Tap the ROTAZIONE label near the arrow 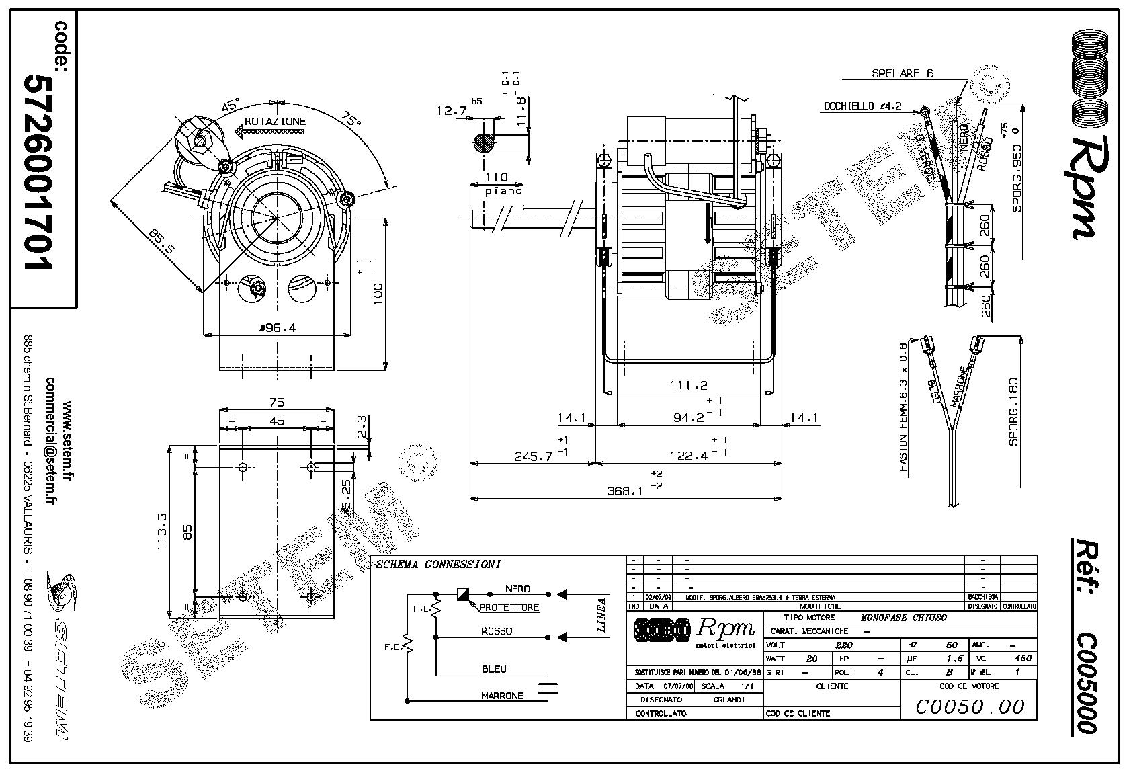(275, 122)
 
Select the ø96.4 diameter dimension (278, 328)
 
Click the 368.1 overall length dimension (624, 491)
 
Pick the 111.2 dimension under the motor (689, 385)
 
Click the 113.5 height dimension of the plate (162, 533)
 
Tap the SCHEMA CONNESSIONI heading (437, 565)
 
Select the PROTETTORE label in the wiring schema (509, 608)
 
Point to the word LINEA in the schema (602, 616)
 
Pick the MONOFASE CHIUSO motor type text (904, 618)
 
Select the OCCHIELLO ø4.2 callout (862, 106)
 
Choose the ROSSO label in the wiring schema (496, 631)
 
